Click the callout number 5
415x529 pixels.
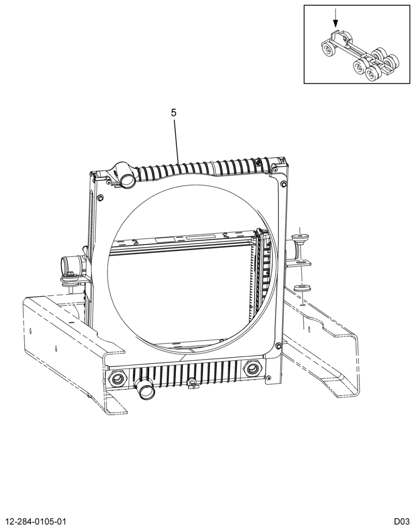pos(174,113)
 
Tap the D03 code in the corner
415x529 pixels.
pos(402,521)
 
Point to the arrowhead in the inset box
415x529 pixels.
pos(335,23)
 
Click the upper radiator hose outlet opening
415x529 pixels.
pos(128,181)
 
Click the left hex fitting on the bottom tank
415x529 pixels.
pos(117,379)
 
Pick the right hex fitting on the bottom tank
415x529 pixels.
pos(251,368)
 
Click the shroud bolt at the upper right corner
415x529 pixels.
pos(283,184)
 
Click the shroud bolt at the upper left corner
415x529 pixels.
pos(100,198)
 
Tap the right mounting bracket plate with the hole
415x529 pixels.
pos(299,263)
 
